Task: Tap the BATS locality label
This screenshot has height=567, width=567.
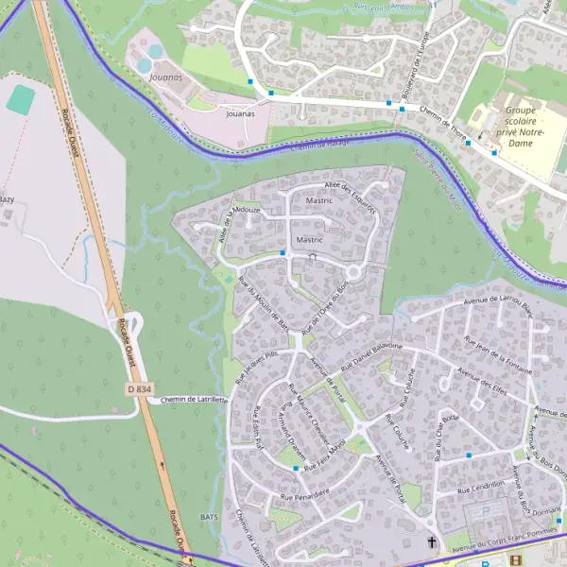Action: point(210,517)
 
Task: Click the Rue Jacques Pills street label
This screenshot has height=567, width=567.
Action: point(255,366)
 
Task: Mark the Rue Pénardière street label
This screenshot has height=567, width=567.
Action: point(304,494)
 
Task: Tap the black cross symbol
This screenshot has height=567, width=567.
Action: point(432,542)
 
